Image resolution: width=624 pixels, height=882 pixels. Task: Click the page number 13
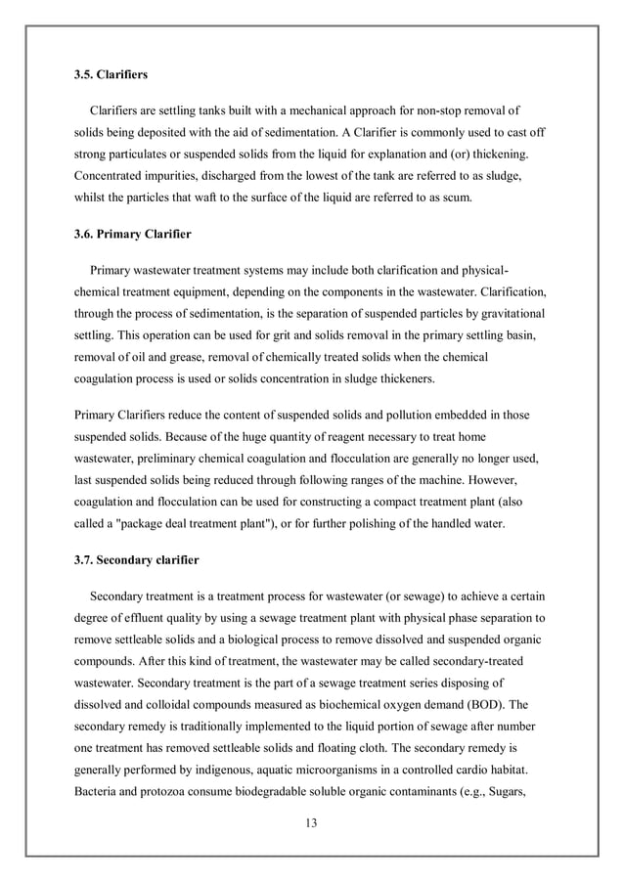point(311,821)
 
